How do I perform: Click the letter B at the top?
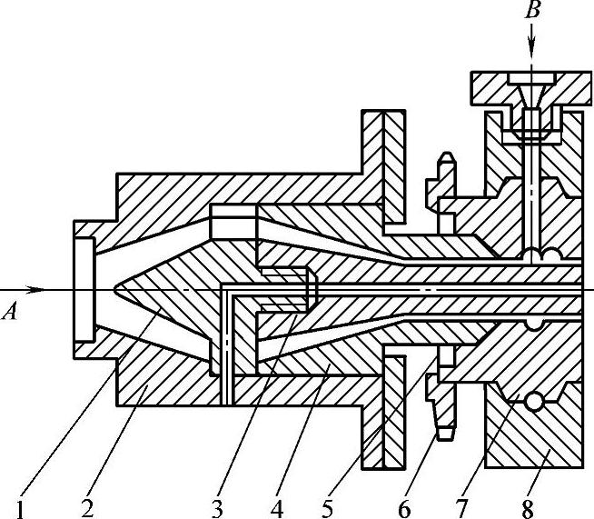(x=532, y=12)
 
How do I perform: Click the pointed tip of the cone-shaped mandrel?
(x=115, y=290)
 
